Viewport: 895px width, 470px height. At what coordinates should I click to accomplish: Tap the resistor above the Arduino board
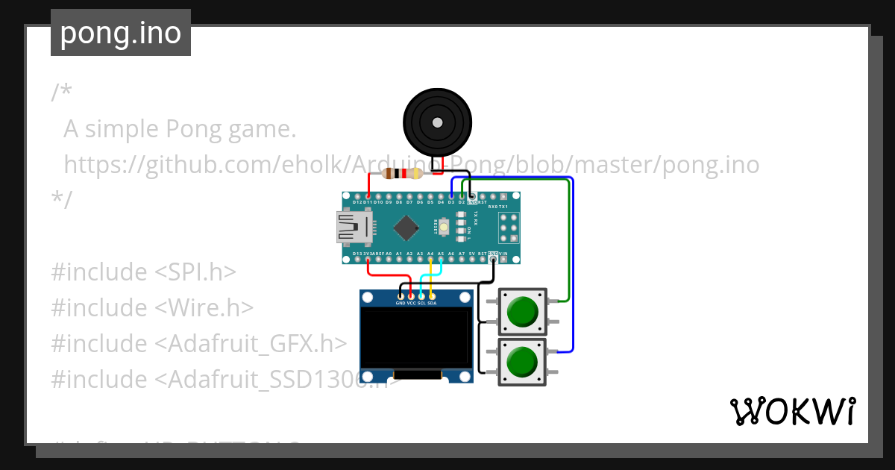pyautogui.click(x=402, y=174)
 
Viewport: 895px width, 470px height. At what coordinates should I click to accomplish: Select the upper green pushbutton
pyautogui.click(x=522, y=311)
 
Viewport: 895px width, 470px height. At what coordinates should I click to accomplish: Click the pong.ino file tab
pyautogui.click(x=121, y=34)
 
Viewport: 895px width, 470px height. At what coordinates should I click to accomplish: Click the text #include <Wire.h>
pyautogui.click(x=152, y=307)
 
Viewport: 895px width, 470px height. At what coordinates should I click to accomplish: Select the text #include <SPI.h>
pyautogui.click(x=143, y=272)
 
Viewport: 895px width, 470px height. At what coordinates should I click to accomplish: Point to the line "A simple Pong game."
pyautogui.click(x=180, y=129)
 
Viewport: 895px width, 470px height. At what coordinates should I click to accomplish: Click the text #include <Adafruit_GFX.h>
pyautogui.click(x=198, y=343)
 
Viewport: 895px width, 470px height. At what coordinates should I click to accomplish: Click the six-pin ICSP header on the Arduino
pyautogui.click(x=509, y=228)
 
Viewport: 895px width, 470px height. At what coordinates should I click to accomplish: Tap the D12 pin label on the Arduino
pyautogui.click(x=357, y=202)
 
